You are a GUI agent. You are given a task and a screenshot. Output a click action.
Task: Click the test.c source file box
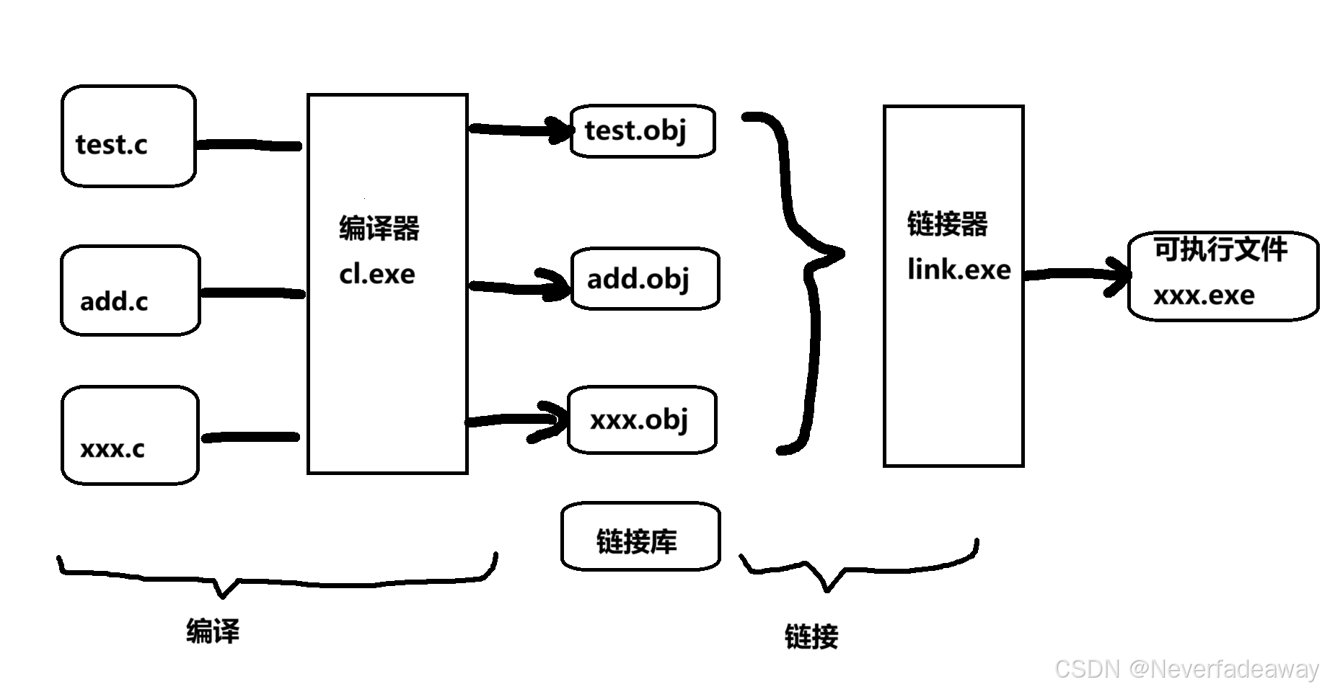pos(128,136)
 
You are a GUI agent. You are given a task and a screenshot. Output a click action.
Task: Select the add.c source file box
pos(130,290)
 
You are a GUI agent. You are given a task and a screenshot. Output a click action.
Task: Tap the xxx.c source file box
pos(130,435)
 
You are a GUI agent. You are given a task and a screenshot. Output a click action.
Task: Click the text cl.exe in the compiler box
pos(377,274)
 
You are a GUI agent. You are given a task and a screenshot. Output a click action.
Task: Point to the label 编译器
pos(379,229)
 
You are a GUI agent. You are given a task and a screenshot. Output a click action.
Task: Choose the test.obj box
pos(643,130)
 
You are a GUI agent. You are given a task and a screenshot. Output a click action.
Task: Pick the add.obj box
pos(645,279)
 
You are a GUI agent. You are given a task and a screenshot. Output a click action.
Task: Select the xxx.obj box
pos(642,420)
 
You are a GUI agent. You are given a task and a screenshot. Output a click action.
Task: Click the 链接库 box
pos(640,537)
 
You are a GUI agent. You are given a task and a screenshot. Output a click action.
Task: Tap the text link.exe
pos(959,270)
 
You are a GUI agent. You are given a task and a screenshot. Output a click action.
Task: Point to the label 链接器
pos(947,223)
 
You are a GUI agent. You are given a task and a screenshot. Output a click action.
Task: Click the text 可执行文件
pos(1220,249)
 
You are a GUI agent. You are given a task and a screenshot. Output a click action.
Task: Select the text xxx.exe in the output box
pos(1204,296)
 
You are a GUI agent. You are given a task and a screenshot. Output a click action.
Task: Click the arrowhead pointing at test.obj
pos(561,130)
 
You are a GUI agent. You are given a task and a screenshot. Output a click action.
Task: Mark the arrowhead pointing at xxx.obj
pos(556,420)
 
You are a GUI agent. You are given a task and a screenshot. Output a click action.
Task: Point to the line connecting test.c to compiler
pos(249,146)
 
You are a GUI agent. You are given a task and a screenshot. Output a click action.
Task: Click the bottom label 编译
pos(213,631)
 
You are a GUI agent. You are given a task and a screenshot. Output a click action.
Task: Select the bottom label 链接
pos(811,636)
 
